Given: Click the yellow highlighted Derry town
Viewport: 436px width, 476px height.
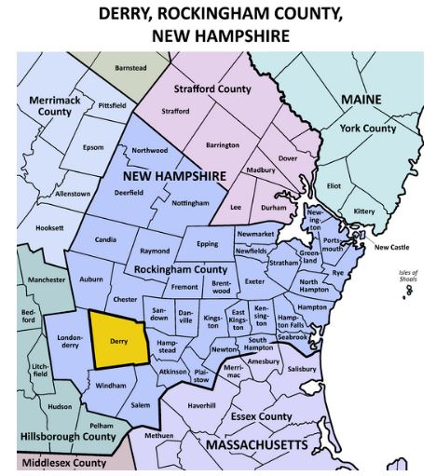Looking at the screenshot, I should (119, 341).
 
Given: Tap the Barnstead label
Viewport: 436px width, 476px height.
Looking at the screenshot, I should (130, 68).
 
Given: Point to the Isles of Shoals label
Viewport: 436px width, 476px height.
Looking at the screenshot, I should (407, 277).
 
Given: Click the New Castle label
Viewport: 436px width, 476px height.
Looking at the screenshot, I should (392, 247).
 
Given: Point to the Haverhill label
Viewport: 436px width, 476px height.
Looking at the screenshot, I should (201, 405).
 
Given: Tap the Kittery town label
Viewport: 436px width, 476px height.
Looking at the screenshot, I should (364, 211).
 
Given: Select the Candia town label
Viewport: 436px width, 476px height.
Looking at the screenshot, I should (106, 239).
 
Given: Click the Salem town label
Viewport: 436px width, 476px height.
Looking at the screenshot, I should (140, 405).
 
